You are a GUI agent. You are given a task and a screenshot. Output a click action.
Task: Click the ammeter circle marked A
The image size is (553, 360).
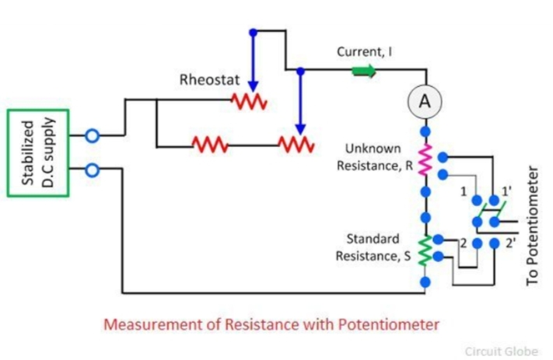[425, 101]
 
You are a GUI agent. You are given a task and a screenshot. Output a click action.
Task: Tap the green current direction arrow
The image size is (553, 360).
[363, 72]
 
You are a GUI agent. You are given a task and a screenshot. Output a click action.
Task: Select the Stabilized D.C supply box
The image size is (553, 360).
[38, 152]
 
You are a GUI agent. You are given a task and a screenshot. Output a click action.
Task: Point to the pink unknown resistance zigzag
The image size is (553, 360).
[425, 159]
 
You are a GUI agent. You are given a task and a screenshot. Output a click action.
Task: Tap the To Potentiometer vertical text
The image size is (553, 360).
[533, 225]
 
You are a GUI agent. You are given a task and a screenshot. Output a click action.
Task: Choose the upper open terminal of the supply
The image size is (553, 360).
[92, 136]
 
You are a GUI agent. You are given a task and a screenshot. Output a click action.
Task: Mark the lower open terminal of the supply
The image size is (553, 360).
[92, 170]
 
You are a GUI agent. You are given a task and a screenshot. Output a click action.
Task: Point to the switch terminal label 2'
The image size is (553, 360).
[510, 243]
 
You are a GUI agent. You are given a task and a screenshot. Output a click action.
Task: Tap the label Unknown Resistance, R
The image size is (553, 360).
[373, 156]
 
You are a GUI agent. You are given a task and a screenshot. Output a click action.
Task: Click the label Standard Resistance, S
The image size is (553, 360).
[373, 246]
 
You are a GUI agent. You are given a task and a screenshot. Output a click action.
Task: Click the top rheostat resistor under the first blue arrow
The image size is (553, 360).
[249, 101]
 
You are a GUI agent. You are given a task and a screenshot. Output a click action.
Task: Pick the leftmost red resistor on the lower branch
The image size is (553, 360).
[208, 145]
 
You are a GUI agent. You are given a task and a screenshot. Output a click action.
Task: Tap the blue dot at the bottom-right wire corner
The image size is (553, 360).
[425, 281]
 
